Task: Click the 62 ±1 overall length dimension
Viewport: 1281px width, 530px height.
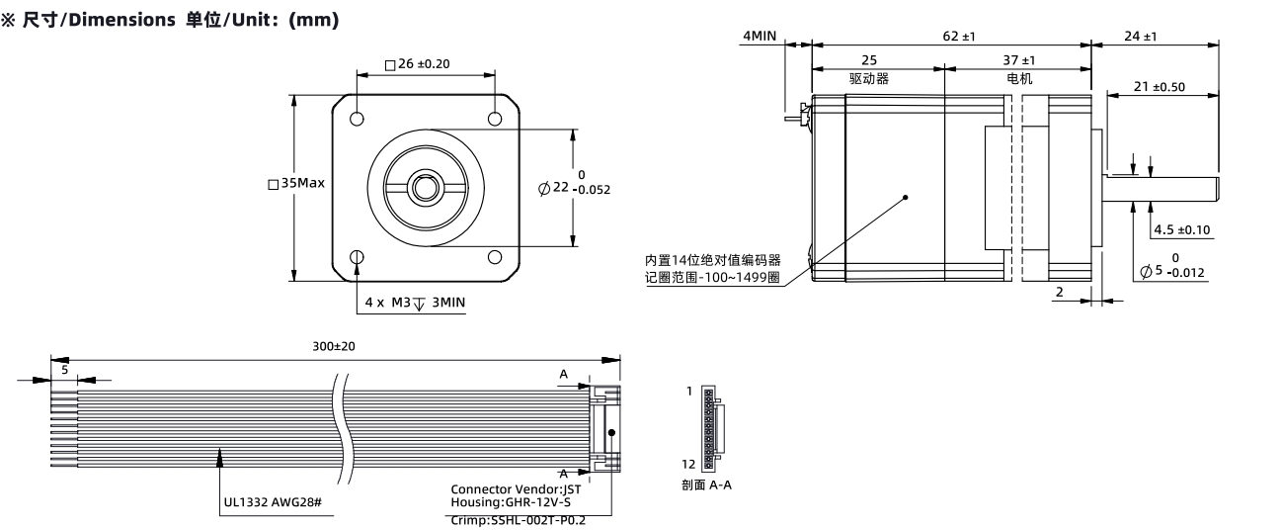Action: (x=959, y=36)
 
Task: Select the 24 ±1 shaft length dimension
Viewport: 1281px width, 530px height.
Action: (x=1141, y=36)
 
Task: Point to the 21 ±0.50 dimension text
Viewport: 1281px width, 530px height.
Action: (x=1160, y=86)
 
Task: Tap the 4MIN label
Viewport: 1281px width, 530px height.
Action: (x=760, y=36)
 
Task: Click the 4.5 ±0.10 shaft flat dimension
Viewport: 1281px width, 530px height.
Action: (x=1181, y=229)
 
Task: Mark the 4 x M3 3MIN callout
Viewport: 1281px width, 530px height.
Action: (x=415, y=303)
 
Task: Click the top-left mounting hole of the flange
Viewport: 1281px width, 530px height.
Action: (x=357, y=119)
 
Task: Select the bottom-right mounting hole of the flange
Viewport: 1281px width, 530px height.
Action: (x=495, y=257)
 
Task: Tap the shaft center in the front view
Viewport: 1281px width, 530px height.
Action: (x=426, y=188)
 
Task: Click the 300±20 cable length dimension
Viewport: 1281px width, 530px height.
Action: (x=334, y=346)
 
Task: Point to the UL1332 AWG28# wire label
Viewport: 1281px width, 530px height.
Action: (x=273, y=502)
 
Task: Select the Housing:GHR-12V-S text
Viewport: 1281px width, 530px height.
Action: (x=511, y=502)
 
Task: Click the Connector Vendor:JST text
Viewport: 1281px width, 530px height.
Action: (x=516, y=489)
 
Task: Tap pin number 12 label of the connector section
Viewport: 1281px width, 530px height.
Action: (x=688, y=464)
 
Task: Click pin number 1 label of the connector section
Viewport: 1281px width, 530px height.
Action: (x=689, y=391)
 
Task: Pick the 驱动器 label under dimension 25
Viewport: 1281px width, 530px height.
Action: (x=869, y=78)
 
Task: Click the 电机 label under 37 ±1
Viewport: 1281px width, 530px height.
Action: (x=1019, y=78)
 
